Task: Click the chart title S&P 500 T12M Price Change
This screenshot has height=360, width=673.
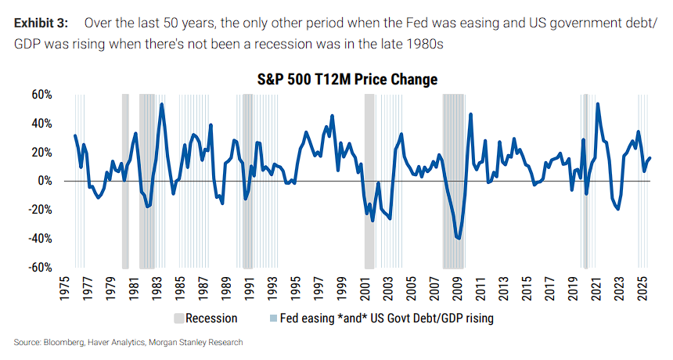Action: (347, 80)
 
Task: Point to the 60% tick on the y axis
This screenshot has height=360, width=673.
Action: (41, 95)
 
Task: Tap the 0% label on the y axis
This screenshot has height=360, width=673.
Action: (45, 181)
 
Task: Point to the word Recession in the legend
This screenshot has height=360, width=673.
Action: (212, 319)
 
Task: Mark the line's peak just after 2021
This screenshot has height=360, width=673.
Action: (598, 103)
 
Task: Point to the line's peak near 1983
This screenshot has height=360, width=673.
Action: (162, 104)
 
